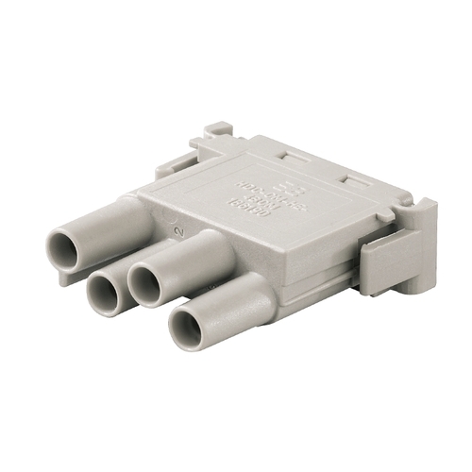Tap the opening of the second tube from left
point(104,293)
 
